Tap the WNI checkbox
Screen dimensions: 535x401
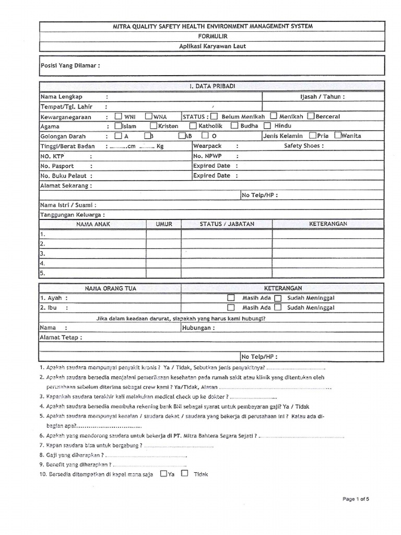coord(119,116)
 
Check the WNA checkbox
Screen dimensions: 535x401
coord(149,116)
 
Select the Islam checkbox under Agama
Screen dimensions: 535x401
coord(118,125)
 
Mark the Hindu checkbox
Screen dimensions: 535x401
coord(267,125)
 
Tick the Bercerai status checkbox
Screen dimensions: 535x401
coord(311,116)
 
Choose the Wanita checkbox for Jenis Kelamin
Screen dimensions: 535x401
coord(337,135)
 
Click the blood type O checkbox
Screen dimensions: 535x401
coord(205,136)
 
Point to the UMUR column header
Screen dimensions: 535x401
coord(163,224)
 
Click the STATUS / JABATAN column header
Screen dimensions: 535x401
coord(227,224)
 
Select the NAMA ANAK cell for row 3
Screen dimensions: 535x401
coord(92,253)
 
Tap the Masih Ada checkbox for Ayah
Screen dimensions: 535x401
coord(231,298)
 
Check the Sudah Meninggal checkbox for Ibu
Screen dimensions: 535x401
coord(278,307)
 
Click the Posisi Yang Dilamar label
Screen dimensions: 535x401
coord(70,66)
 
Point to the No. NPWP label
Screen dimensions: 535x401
coord(207,156)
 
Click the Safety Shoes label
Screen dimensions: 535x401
coord(303,146)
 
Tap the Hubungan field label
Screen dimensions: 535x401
coord(198,328)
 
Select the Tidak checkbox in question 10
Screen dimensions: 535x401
coord(184,473)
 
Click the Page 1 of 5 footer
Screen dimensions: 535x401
coord(356,499)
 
